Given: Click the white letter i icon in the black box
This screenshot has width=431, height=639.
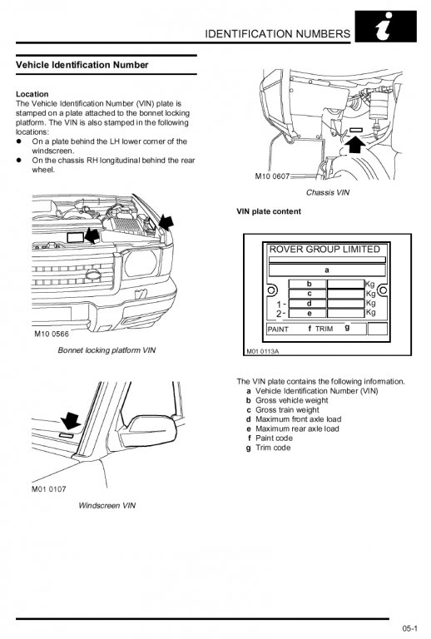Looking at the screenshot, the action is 384,26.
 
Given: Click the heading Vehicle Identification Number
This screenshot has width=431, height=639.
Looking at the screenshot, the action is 82,65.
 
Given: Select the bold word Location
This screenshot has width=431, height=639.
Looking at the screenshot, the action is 32,94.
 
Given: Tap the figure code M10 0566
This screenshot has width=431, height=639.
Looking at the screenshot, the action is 52,334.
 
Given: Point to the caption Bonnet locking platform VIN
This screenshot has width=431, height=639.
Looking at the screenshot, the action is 107,350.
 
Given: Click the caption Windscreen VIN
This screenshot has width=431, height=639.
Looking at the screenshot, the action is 107,505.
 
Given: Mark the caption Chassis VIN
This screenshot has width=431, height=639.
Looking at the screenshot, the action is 328,192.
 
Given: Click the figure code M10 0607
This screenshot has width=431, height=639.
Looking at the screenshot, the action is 272,176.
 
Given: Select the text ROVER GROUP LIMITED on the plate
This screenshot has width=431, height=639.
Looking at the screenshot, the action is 324,249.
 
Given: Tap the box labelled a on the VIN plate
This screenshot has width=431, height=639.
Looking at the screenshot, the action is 327,270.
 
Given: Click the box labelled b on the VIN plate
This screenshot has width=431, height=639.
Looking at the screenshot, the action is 308,284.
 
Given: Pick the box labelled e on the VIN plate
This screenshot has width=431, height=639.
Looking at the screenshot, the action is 308,314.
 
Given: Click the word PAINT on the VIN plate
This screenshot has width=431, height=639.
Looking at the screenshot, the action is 278,329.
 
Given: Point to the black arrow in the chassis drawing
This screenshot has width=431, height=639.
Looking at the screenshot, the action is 356,144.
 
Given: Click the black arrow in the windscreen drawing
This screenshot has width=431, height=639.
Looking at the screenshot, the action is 71,420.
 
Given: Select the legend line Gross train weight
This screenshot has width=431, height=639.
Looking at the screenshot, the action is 287,410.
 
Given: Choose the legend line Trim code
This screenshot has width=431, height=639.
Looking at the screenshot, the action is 273,448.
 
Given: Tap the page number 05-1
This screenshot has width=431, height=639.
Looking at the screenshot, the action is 409,628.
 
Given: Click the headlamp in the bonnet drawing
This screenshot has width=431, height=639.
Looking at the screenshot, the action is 141,263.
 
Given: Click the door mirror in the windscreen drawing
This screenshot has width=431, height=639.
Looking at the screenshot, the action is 148,431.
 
